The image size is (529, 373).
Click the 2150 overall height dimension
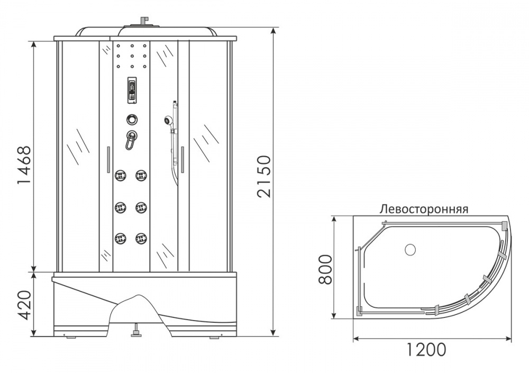click(263, 176)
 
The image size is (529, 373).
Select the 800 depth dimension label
click(325, 270)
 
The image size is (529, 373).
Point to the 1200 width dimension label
click(425, 349)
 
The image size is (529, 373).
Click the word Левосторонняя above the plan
click(424, 209)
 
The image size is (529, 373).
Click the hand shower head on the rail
click(167, 120)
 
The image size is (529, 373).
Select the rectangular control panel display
click(132, 90)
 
